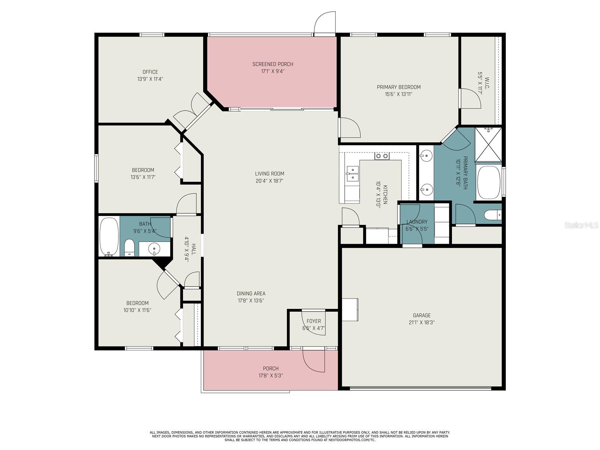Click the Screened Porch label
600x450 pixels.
273,64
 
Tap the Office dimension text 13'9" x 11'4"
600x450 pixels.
150,79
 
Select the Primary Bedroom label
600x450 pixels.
399,87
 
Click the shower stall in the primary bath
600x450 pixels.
488,145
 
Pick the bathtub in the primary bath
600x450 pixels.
489,182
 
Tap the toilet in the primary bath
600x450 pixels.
493,215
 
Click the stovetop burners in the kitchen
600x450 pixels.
382,156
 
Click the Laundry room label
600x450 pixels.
417,222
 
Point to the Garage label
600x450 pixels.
422,315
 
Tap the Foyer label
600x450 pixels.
313,321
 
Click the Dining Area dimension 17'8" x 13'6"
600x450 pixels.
251,301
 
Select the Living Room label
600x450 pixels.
270,174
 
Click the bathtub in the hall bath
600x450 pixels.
109,237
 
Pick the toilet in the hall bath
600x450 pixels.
129,247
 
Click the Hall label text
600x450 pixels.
194,249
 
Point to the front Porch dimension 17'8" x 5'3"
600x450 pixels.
271,376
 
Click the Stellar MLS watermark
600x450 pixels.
581,225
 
